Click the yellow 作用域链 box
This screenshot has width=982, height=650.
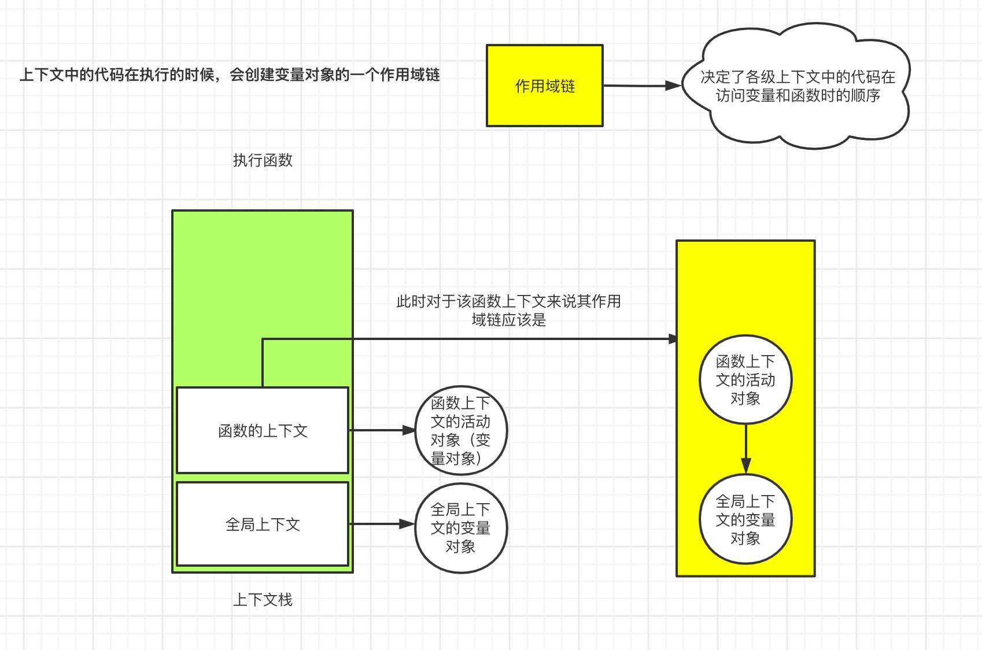coord(544,86)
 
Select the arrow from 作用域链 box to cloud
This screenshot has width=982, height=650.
coord(636,86)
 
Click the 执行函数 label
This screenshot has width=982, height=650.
coord(263,160)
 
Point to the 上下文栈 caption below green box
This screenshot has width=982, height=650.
coord(263,600)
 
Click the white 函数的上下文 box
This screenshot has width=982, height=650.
coord(263,430)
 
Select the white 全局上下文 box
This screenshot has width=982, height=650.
coord(263,525)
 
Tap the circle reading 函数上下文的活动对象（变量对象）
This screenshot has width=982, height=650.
coord(461,430)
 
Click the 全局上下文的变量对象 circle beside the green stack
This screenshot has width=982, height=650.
coord(461,528)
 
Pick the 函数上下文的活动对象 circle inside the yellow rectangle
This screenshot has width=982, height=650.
coord(745,379)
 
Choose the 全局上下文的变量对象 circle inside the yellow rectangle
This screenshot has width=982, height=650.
coord(745,519)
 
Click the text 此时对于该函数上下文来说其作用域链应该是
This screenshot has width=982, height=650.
coord(508,310)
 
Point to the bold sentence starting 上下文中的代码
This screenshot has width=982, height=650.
coord(230,75)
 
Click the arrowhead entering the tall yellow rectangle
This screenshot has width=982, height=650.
coord(673,339)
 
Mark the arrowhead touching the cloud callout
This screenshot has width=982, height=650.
coord(673,86)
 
